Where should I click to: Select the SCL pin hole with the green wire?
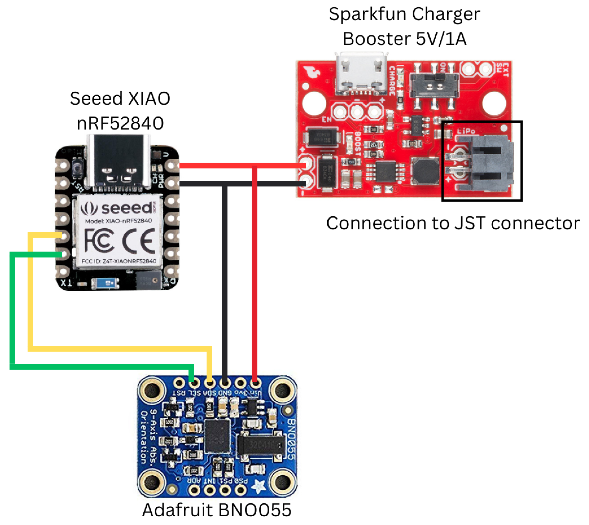point(194,384)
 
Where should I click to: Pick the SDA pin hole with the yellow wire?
point(210,384)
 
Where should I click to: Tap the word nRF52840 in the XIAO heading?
point(120,123)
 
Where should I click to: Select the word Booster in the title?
point(376,39)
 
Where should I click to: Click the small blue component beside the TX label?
point(105,283)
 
